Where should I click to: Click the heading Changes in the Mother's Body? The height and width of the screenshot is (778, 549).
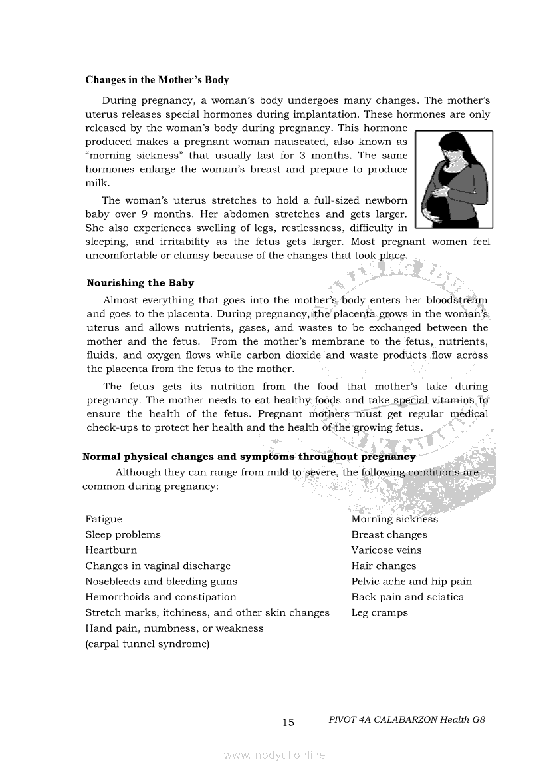[x=157, y=80]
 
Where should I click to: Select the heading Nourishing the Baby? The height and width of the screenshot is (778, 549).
[x=140, y=283]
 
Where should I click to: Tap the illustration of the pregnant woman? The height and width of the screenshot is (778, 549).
[x=454, y=179]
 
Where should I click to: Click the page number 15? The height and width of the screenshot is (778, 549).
[x=288, y=723]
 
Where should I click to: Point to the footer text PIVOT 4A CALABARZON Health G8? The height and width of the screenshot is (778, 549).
[x=406, y=720]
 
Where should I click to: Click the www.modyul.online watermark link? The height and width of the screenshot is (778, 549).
[x=274, y=755]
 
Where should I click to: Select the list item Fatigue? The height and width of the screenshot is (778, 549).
[x=104, y=519]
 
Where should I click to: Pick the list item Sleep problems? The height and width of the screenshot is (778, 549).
[x=123, y=534]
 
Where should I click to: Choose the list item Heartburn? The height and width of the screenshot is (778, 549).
[x=111, y=550]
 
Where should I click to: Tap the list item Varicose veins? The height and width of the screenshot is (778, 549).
[x=386, y=550]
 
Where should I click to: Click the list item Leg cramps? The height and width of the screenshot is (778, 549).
[x=380, y=613]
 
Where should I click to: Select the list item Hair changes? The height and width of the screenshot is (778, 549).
[x=384, y=566]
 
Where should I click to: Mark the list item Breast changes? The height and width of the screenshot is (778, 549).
[x=389, y=534]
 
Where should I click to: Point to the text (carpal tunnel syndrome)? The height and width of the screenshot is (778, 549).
[x=148, y=644]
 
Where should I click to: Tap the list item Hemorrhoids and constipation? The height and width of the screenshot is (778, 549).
[x=161, y=597]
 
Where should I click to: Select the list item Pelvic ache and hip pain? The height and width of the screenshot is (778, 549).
[x=411, y=582]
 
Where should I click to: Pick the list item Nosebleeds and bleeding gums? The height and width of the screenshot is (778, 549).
[x=161, y=582]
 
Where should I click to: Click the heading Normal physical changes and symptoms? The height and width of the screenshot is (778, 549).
[x=249, y=457]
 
